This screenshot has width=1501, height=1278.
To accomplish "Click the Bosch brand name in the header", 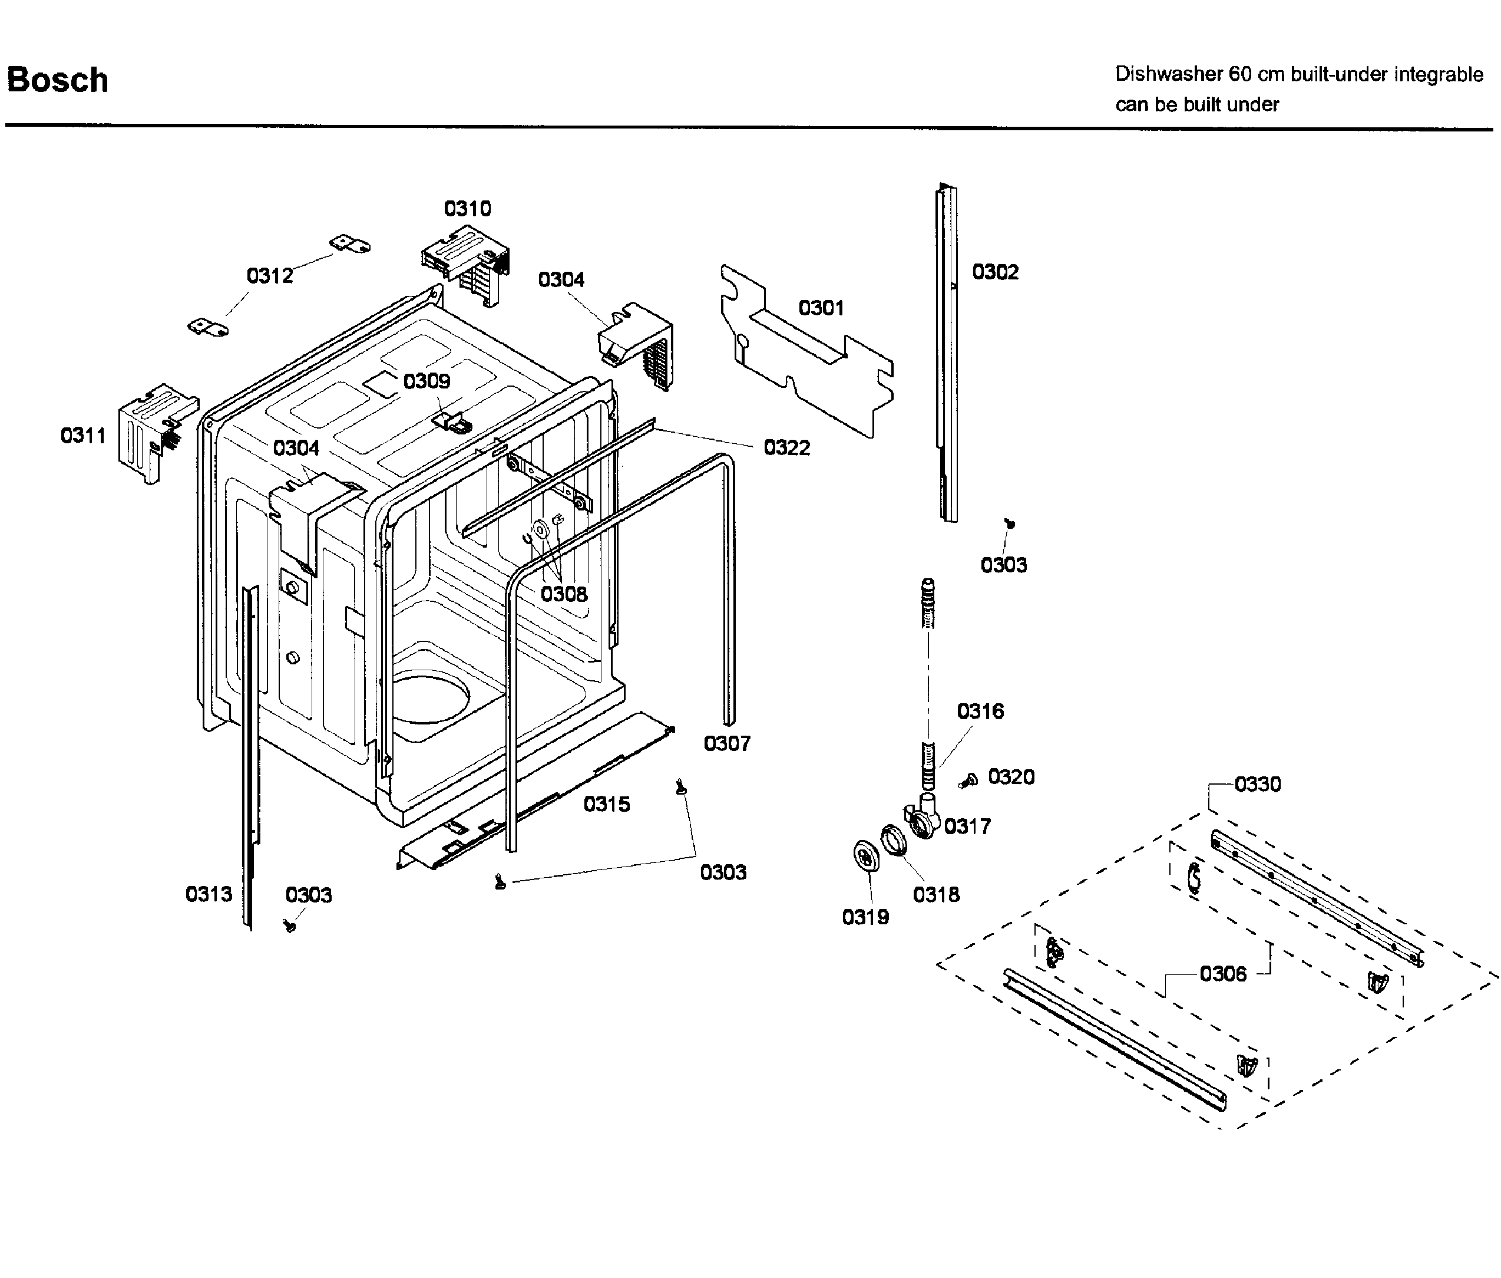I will pyautogui.click(x=57, y=80).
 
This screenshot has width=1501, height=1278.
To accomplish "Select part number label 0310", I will pyautogui.click(x=467, y=209).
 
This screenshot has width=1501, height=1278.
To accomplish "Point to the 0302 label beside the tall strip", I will pyautogui.click(x=995, y=272).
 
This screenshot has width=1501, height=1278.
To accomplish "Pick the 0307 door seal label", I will pyautogui.click(x=727, y=743).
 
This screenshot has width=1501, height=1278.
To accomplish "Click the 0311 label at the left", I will pyautogui.click(x=82, y=436).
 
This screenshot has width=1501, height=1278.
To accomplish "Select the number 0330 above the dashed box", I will pyautogui.click(x=1257, y=784).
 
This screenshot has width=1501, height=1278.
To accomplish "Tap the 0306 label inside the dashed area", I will pyautogui.click(x=1223, y=973).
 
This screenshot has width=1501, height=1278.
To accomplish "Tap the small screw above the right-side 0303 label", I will pyautogui.click(x=1010, y=522).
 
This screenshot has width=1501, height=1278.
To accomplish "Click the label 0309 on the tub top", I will pyautogui.click(x=427, y=381).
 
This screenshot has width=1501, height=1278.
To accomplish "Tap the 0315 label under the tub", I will pyautogui.click(x=606, y=803).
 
